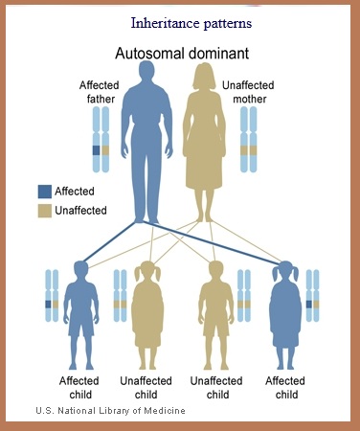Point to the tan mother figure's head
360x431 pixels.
click(205, 77)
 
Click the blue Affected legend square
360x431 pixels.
click(45, 192)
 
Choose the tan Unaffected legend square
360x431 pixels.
click(45, 210)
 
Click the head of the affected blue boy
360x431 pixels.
click(79, 271)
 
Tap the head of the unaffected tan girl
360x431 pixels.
click(148, 271)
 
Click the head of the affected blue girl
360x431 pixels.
click(285, 271)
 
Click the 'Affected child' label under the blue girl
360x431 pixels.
click(286, 387)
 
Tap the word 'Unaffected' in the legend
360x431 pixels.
click(80, 210)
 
